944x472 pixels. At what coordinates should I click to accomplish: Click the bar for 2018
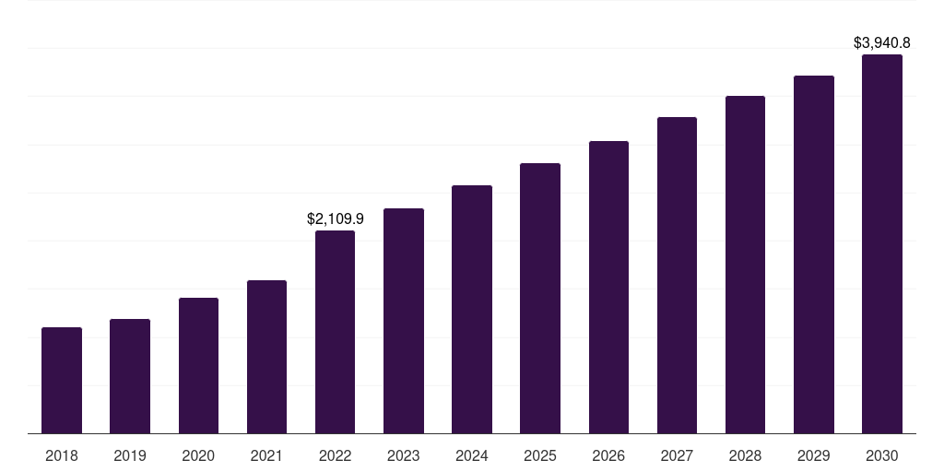[62, 380]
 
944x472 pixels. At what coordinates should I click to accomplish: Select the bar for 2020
[198, 365]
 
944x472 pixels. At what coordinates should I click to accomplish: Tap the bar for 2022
[335, 332]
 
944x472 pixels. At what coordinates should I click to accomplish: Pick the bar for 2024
[472, 309]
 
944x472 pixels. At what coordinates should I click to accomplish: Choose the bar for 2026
[608, 287]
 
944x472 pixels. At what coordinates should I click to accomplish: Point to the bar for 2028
[745, 265]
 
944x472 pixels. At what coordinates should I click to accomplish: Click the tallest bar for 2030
[882, 243]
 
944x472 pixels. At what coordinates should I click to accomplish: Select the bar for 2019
[130, 376]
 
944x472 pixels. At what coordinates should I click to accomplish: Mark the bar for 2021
[266, 357]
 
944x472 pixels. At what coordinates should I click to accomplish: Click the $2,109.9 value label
[335, 219]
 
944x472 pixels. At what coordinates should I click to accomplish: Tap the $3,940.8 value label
[882, 42]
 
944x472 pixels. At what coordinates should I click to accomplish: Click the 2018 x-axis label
[62, 455]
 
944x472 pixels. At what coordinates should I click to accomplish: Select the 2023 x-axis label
[404, 455]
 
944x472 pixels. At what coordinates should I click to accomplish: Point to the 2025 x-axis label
[540, 455]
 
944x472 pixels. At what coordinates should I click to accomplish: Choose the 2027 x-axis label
[677, 455]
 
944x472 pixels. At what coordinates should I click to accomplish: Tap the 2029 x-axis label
[814, 455]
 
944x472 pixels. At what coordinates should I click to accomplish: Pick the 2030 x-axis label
[882, 455]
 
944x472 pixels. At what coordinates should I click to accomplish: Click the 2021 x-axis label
[266, 455]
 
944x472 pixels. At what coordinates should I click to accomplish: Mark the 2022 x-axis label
[335, 455]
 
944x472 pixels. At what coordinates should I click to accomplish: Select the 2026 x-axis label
[608, 455]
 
